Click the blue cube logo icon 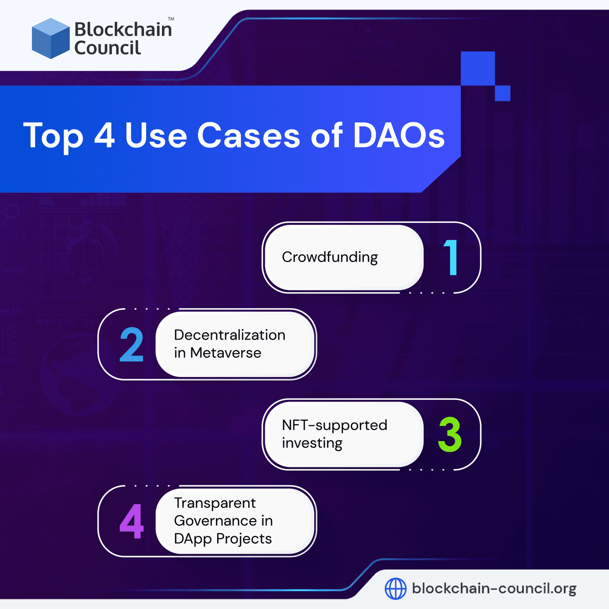50,39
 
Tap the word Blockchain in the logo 123,29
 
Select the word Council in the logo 107,48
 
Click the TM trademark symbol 171,19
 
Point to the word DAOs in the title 398,136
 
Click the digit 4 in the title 105,136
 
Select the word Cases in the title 248,136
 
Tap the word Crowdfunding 330,257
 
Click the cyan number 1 451,258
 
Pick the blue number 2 131,345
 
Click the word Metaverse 225,353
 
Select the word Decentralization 229,335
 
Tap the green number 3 450,435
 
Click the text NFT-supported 334,425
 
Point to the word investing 312,443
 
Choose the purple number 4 131,522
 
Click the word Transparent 215,503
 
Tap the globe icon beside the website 395,589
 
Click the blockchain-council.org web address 494,589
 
